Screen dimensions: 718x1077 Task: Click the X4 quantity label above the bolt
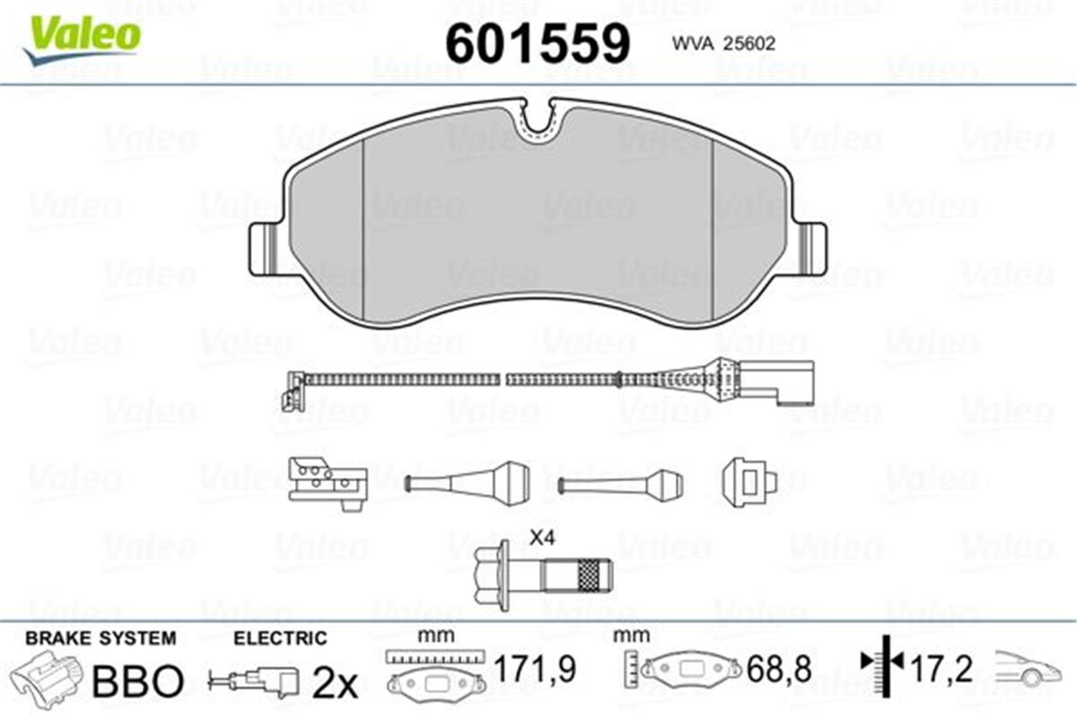coord(543,538)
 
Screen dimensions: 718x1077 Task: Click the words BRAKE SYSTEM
coord(101,638)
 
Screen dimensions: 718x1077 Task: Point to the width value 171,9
coord(536,669)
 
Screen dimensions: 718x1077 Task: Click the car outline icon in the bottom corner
coord(1027,670)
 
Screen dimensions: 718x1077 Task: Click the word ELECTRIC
coord(280,638)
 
